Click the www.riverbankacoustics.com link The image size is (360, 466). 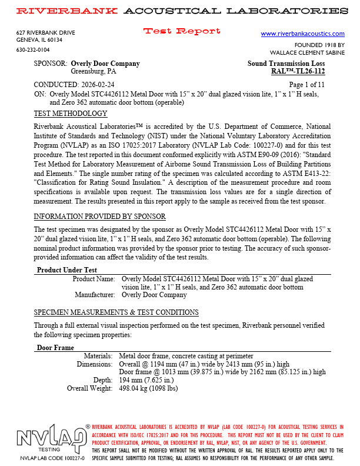coord(302,34)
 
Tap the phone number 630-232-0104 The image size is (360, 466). coord(33,50)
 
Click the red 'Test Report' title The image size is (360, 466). coord(182,31)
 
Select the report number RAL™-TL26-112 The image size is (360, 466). coord(298,72)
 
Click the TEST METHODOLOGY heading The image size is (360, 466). coord(71,114)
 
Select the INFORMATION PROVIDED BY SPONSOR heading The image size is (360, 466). coord(100,217)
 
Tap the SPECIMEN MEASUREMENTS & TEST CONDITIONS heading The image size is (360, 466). coord(116,312)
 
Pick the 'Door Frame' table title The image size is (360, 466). coord(55,348)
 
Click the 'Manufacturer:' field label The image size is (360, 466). coord(95,295)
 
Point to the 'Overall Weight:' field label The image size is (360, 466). coord(89,388)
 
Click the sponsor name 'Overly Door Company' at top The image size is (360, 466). coord(105,64)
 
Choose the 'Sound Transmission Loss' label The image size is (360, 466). coord(286,64)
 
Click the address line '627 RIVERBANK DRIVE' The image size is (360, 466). coord(46,33)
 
